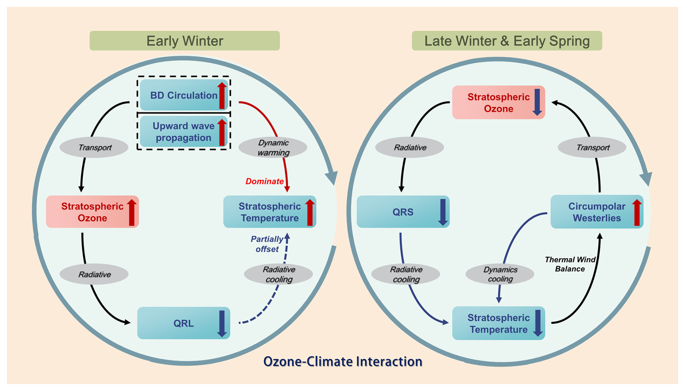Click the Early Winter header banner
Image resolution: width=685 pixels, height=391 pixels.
(x=184, y=41)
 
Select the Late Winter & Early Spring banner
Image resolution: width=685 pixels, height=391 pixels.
(x=507, y=41)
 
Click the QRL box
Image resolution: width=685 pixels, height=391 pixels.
(x=183, y=323)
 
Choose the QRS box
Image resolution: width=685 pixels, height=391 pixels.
(x=403, y=212)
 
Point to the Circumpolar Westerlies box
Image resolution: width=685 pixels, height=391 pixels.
(x=596, y=212)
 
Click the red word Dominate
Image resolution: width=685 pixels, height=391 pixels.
(x=264, y=181)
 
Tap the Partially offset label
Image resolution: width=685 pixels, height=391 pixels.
(x=267, y=244)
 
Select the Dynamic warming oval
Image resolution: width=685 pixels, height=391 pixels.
(x=273, y=148)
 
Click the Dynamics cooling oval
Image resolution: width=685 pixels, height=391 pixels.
(x=500, y=274)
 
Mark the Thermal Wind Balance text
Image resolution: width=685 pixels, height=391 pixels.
(x=570, y=264)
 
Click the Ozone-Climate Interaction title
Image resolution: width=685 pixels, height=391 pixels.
(x=342, y=361)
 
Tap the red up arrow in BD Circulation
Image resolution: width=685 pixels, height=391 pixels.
(x=222, y=95)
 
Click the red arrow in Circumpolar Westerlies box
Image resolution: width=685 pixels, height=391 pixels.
(x=637, y=212)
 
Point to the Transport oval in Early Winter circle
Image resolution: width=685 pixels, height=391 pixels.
(x=94, y=148)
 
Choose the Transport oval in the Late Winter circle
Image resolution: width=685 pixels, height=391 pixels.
(x=592, y=148)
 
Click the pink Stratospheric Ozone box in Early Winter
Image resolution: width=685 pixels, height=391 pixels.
(x=92, y=212)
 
